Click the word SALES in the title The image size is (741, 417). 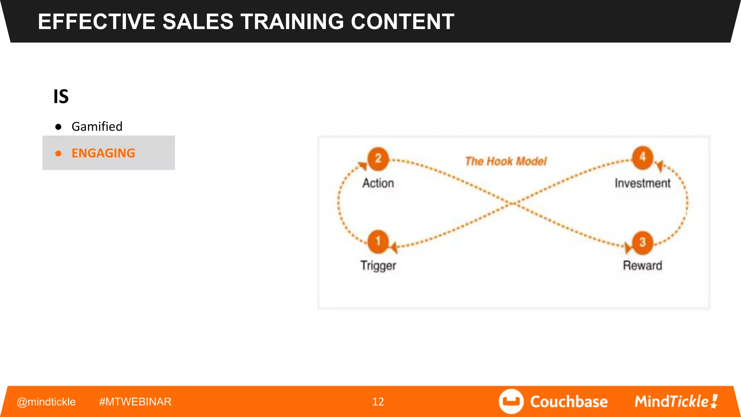coord(198,22)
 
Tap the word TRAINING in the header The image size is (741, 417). coord(292,22)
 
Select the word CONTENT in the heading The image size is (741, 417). coord(402,22)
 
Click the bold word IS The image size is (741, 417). coord(61,97)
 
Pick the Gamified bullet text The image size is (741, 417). coord(97,127)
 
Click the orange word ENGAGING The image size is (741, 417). coord(103,153)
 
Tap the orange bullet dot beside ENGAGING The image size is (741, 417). coord(58,153)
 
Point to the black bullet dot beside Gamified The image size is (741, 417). coord(58,127)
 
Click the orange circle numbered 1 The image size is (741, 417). coord(378,241)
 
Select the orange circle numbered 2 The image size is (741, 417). coord(378,159)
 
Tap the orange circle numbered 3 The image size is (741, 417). coord(643,242)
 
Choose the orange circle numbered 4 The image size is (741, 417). coord(643,157)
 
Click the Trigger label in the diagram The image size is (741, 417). coord(378,266)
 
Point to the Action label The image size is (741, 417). coord(378,183)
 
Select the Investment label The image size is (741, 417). coord(643,183)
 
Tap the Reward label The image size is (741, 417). coord(643,266)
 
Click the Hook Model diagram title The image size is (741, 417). coord(506,161)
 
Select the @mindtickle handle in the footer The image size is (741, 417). coord(46,402)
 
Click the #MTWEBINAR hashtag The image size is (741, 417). coord(135,402)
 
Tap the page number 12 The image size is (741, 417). coord(378,402)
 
